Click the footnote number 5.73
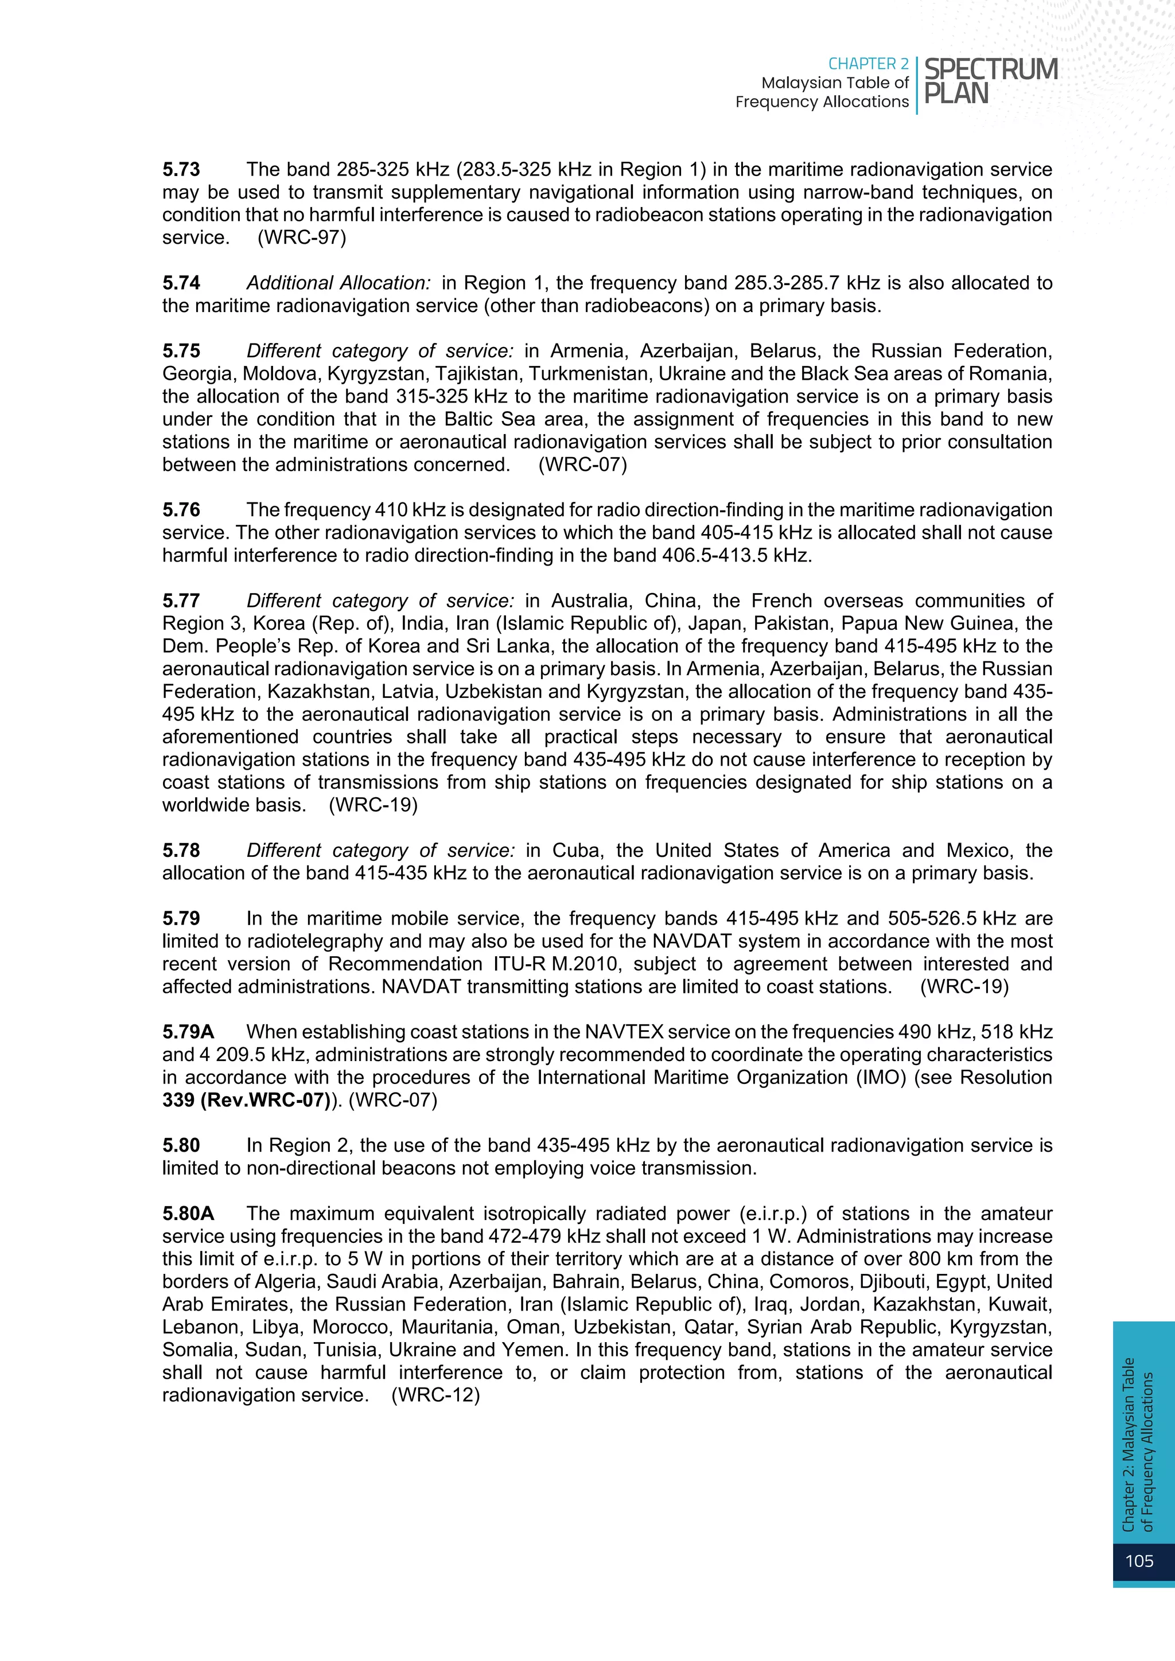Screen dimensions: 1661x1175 click(x=181, y=169)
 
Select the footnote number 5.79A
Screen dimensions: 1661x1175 click(x=188, y=1032)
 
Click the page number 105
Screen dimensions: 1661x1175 click(x=1139, y=1561)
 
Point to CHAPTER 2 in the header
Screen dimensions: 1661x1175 click(x=867, y=64)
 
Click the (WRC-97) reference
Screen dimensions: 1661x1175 click(x=302, y=237)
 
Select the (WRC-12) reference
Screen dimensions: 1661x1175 click(x=435, y=1395)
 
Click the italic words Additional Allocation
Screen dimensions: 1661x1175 click(x=339, y=283)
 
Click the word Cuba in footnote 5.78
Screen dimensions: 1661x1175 click(x=577, y=850)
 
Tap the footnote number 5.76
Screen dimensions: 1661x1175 click(x=181, y=509)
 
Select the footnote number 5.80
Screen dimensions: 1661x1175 click(x=181, y=1145)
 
